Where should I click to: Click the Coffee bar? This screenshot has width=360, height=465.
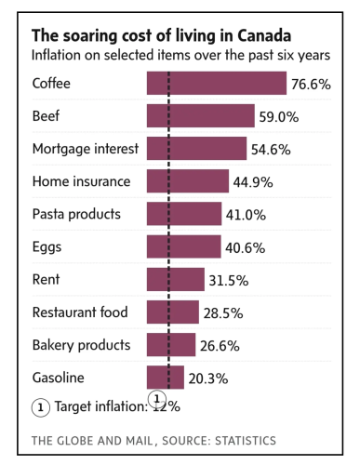[216, 83]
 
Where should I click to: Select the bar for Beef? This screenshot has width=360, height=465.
[200, 115]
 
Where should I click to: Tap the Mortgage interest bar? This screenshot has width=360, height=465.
[196, 149]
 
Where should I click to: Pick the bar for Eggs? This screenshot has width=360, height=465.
[183, 246]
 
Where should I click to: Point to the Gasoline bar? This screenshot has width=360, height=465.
[165, 378]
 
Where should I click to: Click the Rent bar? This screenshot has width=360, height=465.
[175, 279]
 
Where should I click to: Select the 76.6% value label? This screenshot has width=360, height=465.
[311, 84]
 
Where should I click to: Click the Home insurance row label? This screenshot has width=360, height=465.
[81, 181]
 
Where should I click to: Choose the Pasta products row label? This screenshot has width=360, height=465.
[76, 214]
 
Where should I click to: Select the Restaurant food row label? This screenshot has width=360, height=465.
[80, 312]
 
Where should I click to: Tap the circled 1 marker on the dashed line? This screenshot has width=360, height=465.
[158, 398]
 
